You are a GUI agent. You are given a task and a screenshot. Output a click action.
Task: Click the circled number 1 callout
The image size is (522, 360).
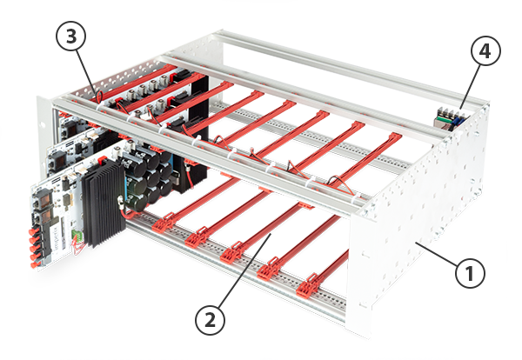[x=470, y=274]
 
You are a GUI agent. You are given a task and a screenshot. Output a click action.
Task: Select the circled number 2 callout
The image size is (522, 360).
[x=210, y=320]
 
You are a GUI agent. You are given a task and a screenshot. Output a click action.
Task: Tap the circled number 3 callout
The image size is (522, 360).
[x=71, y=37]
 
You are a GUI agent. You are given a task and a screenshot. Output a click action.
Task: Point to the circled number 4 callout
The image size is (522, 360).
[x=485, y=51]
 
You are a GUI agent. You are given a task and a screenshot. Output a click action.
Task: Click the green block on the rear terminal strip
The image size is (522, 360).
[x=444, y=119]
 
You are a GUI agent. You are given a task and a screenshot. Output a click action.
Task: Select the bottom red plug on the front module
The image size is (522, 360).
[x=34, y=265]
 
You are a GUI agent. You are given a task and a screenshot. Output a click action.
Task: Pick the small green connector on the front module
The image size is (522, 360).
[x=77, y=236]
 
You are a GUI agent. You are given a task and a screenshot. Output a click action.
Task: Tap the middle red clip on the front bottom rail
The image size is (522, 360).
[x=234, y=252]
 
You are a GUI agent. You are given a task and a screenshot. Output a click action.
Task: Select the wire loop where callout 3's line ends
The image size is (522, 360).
[x=99, y=97]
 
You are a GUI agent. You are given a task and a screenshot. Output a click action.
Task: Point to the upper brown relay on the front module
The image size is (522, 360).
[x=43, y=200]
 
